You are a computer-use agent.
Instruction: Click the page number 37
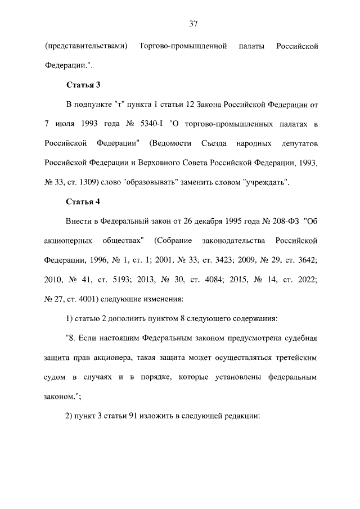click(x=193, y=24)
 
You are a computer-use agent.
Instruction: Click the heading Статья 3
click(x=83, y=85)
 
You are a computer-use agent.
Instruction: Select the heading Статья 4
click(x=83, y=201)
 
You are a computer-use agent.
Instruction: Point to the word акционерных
click(x=69, y=241)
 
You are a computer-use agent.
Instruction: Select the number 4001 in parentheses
click(x=96, y=299)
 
